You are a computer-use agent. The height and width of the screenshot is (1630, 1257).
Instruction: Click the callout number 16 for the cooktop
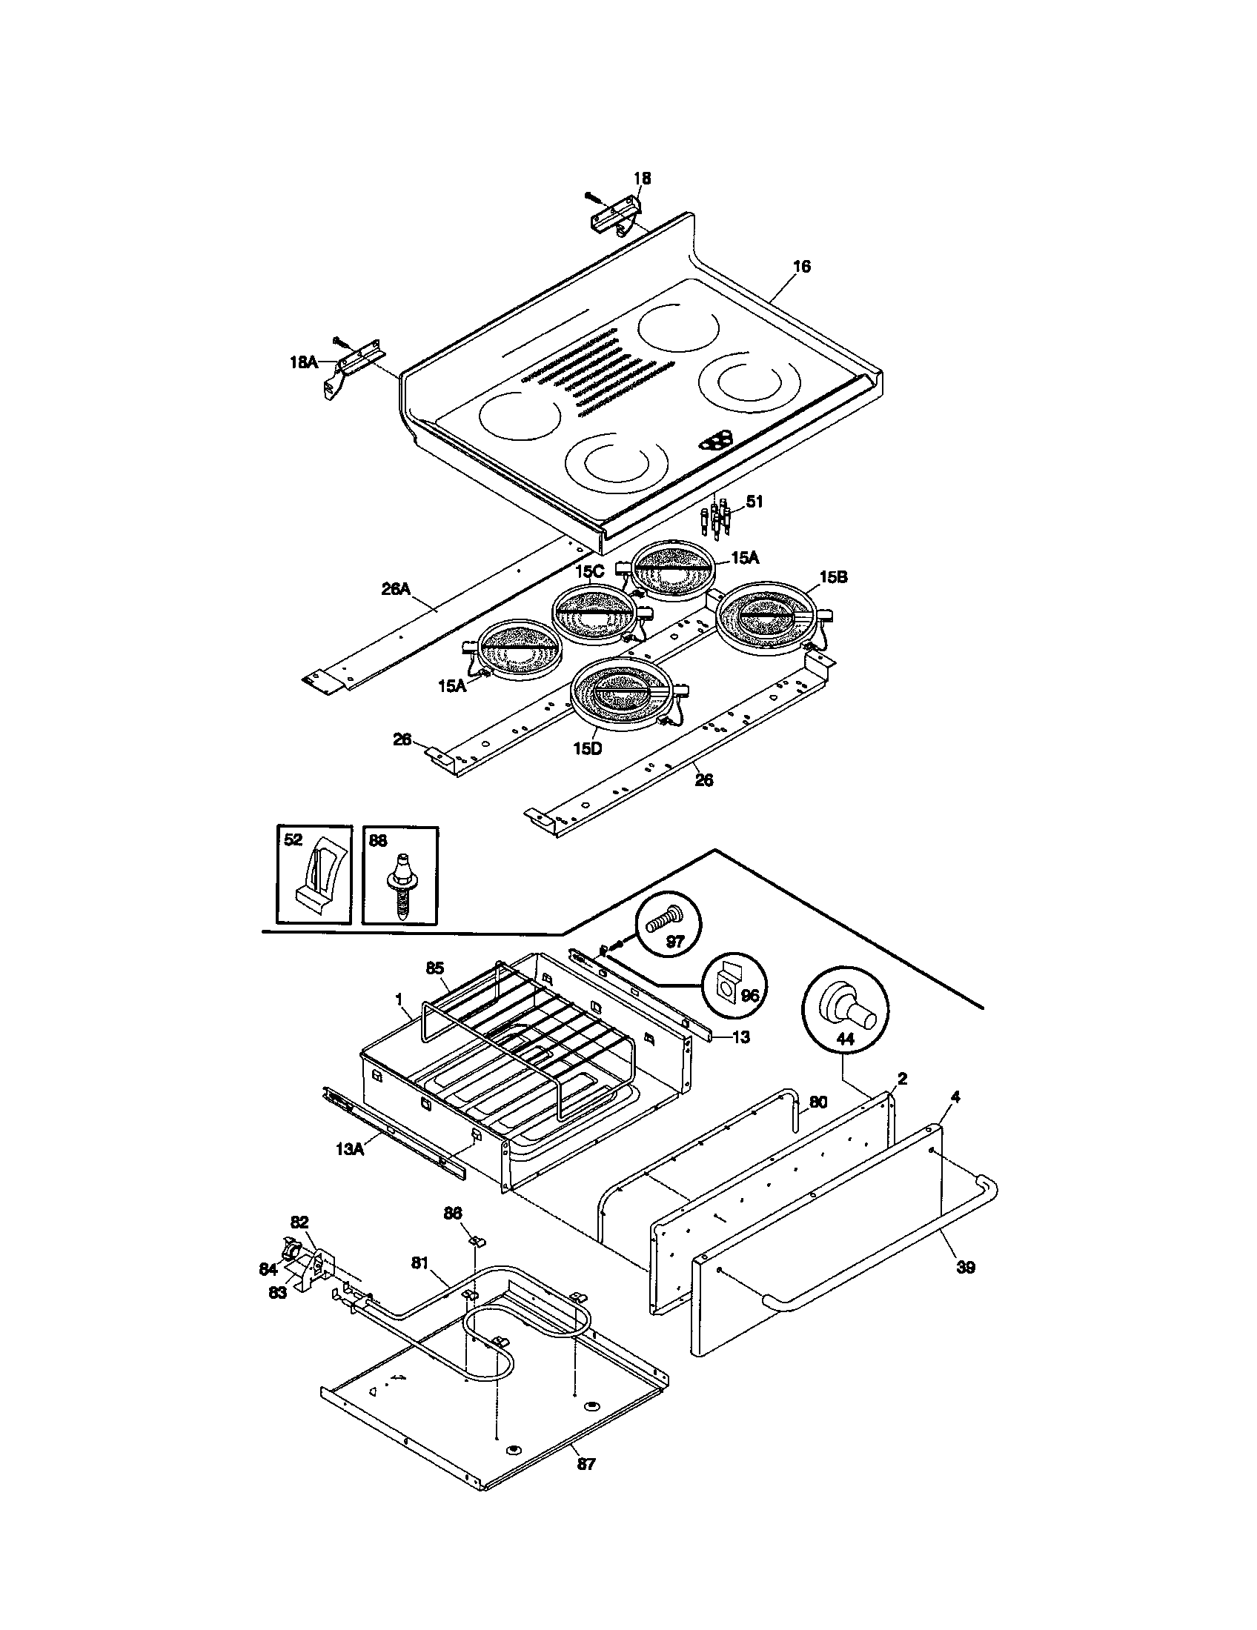coord(800,267)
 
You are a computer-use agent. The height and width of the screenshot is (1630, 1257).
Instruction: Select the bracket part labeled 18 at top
coord(615,216)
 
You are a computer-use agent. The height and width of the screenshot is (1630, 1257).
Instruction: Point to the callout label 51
coord(754,502)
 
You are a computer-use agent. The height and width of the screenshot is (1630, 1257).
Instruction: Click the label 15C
coord(589,571)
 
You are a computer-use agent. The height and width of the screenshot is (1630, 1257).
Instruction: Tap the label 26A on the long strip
coord(397,589)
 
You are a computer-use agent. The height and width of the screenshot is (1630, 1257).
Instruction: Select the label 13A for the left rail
coord(349,1149)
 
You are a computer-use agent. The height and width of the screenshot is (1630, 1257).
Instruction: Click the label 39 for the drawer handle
coord(965,1267)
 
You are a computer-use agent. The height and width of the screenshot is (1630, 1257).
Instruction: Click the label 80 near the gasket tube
coord(819,1102)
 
